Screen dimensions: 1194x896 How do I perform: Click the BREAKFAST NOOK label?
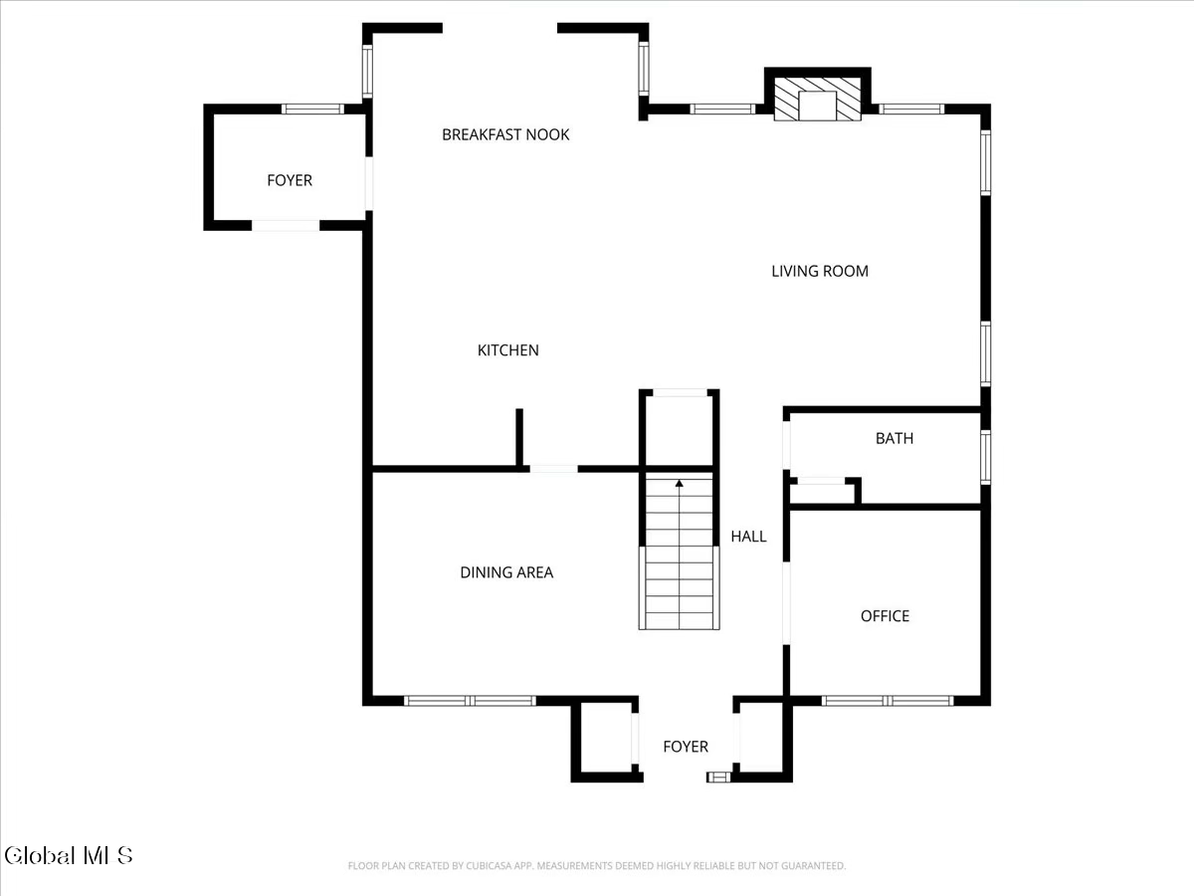click(505, 134)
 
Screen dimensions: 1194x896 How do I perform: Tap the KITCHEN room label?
click(508, 349)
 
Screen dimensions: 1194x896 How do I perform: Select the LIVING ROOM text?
click(820, 271)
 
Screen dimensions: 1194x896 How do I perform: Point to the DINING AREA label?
click(506, 571)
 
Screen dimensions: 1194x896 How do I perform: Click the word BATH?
click(895, 438)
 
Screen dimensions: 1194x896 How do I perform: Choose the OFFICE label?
click(885, 615)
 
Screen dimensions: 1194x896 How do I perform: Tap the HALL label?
click(748, 536)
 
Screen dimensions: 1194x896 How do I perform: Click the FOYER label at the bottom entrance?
click(686, 746)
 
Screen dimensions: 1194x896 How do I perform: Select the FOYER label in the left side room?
click(290, 180)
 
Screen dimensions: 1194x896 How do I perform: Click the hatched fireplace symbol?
click(817, 99)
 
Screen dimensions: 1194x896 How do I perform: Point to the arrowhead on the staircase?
click(679, 483)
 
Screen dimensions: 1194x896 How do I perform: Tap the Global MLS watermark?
click(69, 855)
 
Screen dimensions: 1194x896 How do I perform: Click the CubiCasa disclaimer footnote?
click(597, 865)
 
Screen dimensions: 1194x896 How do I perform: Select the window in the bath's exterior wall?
click(986, 457)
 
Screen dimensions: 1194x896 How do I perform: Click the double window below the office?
click(888, 701)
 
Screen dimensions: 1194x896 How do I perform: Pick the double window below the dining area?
click(470, 701)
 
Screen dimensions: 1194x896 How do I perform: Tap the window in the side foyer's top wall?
click(312, 109)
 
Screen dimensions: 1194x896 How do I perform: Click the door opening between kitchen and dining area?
click(554, 468)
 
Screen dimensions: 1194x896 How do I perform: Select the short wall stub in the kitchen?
click(519, 437)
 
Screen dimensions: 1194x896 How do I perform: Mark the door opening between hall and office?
click(786, 603)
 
